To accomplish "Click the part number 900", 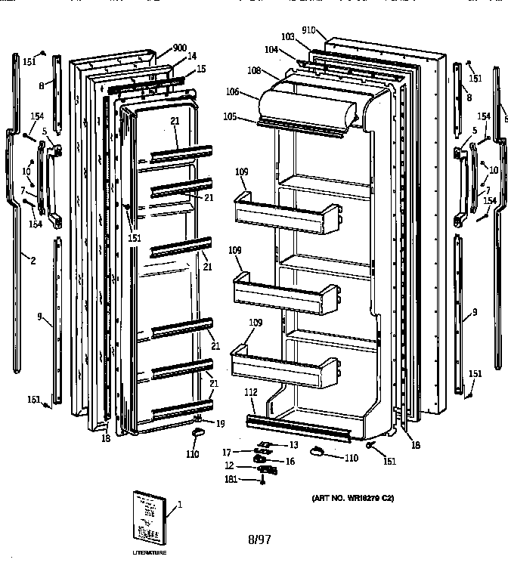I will point(179,48).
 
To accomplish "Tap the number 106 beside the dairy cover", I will point(231,92).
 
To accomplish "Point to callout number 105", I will point(230,116).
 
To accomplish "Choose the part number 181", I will point(228,479).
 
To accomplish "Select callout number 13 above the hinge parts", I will point(293,445).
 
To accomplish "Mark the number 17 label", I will point(226,453).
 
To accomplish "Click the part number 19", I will point(220,423).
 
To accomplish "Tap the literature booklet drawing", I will point(147,517).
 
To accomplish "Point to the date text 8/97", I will point(259,539).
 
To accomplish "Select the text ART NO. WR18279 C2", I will point(352,499).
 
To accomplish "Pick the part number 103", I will point(287,36).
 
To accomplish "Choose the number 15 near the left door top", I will point(200,69).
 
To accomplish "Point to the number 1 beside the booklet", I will point(179,505).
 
